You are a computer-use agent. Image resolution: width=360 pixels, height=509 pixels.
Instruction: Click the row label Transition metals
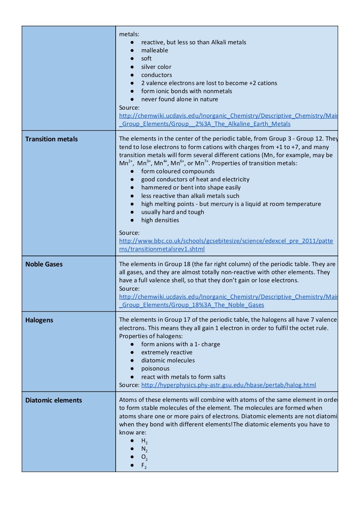click(51, 139)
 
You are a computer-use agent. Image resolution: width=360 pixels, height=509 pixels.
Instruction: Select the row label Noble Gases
click(44, 264)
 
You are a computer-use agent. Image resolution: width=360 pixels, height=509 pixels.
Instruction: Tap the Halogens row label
click(39, 320)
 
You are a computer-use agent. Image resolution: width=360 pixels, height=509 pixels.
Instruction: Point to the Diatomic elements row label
click(53, 400)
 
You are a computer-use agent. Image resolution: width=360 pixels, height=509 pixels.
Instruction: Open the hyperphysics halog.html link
click(229, 385)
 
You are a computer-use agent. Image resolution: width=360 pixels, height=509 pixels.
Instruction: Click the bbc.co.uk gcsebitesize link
click(226, 241)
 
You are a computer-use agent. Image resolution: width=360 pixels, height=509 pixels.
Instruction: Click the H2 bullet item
click(144, 441)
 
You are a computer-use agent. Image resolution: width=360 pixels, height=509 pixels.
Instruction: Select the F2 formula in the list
click(144, 465)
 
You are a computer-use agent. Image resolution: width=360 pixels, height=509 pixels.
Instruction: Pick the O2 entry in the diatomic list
click(144, 457)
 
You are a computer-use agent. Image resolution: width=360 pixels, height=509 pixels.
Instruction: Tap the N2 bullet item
click(144, 449)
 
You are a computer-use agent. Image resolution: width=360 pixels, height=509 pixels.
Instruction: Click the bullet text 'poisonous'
click(155, 369)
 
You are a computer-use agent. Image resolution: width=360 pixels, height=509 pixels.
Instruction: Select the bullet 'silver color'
click(156, 67)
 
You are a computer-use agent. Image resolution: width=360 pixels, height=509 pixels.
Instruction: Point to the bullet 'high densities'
click(160, 220)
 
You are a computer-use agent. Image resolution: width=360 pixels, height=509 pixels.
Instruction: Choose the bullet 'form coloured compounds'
click(178, 172)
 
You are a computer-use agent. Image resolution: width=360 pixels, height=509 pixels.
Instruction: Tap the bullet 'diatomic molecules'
click(168, 361)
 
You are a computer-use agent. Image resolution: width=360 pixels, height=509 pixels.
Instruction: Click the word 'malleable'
click(154, 51)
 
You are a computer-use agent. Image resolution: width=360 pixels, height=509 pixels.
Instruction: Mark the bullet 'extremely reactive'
click(167, 353)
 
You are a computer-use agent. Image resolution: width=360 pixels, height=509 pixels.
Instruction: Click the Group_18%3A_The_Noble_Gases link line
click(192, 305)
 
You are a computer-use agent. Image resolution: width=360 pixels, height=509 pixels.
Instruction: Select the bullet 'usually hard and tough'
click(172, 212)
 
